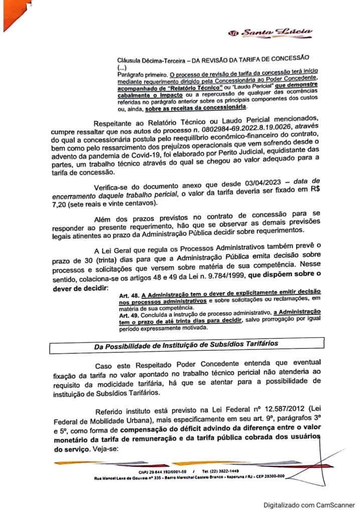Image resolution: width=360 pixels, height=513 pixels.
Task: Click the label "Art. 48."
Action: click(129, 291)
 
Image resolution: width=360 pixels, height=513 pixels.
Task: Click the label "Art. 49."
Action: click(129, 316)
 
